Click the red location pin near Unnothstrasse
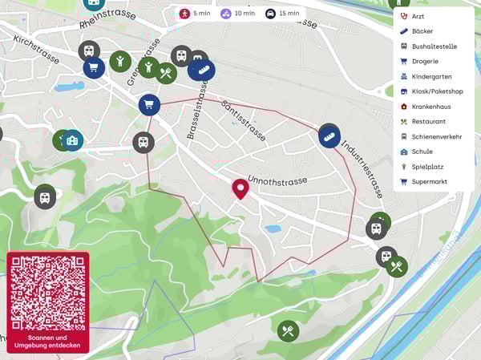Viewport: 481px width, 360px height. [240, 188]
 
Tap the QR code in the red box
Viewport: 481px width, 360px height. [48, 293]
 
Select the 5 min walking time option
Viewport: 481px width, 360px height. [196, 14]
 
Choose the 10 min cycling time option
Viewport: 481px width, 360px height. [238, 14]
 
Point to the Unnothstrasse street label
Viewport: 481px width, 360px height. [277, 180]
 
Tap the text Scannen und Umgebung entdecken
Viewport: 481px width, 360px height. [48, 342]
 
